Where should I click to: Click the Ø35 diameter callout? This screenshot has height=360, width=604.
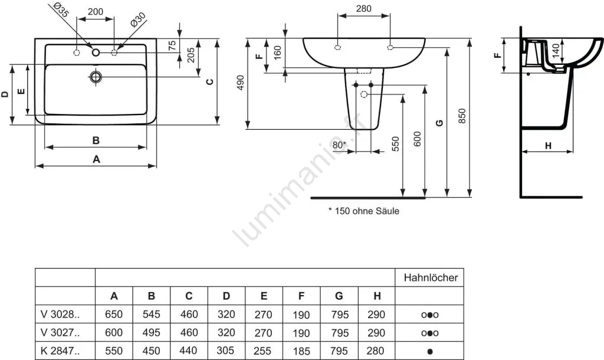coord(61,9)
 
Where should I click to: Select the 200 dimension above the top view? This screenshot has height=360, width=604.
coord(95,12)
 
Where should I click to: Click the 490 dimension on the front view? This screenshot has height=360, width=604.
coord(239,83)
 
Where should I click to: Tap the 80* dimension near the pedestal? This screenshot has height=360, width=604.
coord(339,144)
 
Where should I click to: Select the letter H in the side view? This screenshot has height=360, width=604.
coord(547,146)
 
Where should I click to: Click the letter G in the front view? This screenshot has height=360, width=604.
coord(439,123)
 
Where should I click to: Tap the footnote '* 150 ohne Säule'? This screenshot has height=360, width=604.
coord(363,211)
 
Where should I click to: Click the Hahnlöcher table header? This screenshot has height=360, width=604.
coord(431,277)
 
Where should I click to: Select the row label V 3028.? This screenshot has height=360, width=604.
coord(58,315)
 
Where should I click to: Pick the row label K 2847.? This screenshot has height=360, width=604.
coord(58,351)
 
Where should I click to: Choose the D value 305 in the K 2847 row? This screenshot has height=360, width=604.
coord(226,351)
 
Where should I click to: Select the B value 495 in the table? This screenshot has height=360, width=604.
coord(151,333)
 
